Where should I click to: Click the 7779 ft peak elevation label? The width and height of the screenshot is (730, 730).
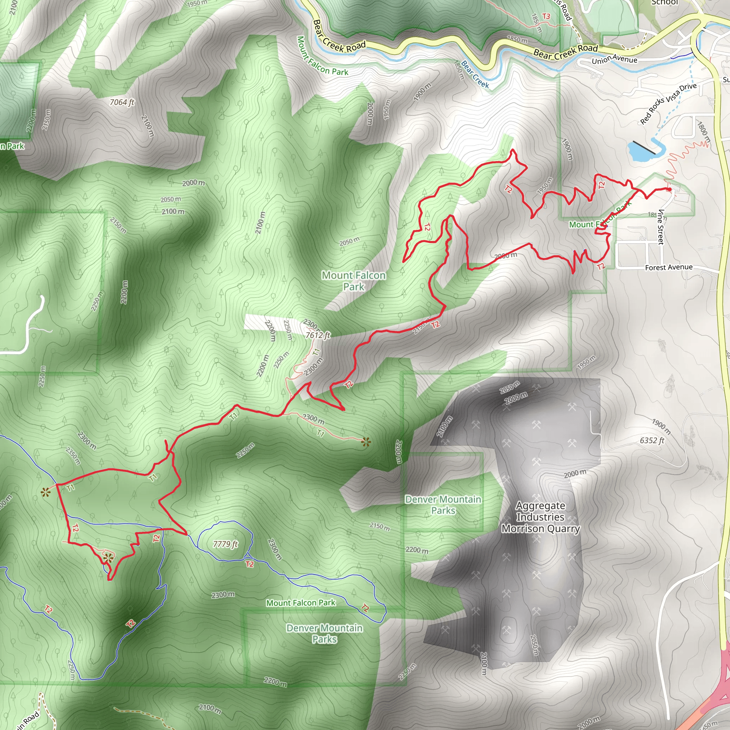pos(225,544)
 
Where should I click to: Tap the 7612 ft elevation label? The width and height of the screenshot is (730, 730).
pos(318,335)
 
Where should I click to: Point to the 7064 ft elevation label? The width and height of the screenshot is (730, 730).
pos(122,102)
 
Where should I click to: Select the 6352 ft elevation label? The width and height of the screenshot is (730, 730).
pos(652,440)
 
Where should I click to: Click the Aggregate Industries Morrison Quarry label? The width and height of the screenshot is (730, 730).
pos(540,517)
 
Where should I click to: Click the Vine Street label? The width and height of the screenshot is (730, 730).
pos(660,227)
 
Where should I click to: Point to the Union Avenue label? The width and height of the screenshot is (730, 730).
pos(615,59)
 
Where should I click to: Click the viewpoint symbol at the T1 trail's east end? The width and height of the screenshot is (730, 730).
pos(365,442)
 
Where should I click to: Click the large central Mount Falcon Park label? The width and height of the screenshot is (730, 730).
pos(354,281)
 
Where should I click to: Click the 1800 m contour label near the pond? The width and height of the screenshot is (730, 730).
pos(703,132)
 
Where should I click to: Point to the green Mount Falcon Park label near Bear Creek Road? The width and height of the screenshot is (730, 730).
pos(322,56)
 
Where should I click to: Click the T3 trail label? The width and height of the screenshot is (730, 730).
pos(546,16)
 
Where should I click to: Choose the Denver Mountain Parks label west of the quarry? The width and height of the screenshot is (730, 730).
pos(443,505)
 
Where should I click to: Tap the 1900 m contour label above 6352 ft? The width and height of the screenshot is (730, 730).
pos(661,426)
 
